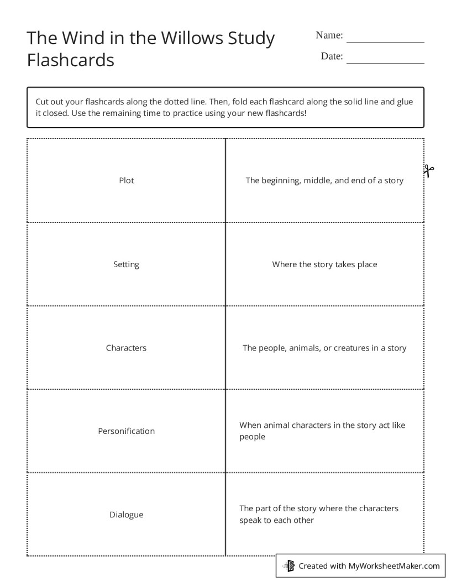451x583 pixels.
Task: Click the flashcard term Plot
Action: (x=126, y=181)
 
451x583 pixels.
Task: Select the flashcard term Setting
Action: (x=126, y=264)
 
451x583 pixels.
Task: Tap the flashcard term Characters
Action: (x=126, y=348)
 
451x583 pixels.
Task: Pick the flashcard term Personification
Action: (x=126, y=431)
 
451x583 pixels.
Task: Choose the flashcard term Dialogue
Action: (x=126, y=515)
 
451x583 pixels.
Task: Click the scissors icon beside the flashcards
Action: (x=429, y=171)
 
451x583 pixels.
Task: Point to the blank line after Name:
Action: (x=385, y=39)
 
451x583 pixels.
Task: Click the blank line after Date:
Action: (x=385, y=60)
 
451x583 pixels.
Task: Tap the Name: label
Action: (x=329, y=35)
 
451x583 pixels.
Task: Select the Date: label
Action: (x=332, y=56)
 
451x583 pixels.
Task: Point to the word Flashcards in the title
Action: (x=70, y=60)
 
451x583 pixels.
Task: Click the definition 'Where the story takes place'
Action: (x=324, y=264)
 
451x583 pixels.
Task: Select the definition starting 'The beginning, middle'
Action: (x=324, y=181)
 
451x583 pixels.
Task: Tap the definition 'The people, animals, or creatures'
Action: (x=324, y=348)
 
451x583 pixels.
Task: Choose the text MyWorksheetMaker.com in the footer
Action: (x=394, y=565)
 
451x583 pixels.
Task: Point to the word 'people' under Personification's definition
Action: (x=252, y=437)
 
